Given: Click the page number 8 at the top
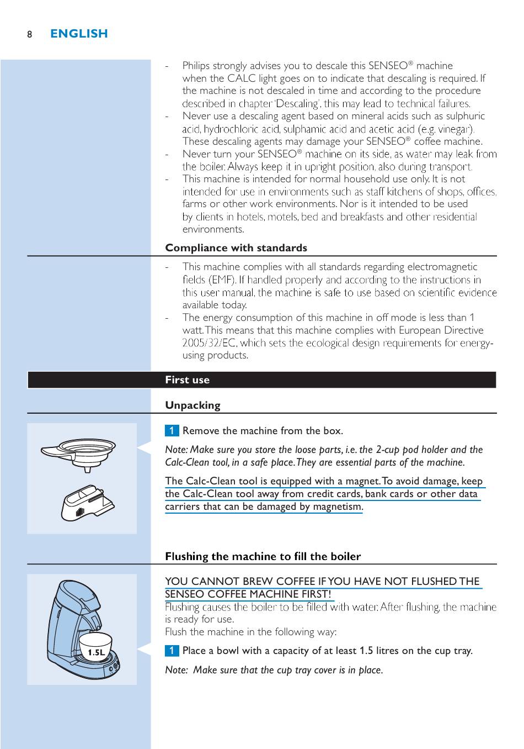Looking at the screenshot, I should [x=30, y=34].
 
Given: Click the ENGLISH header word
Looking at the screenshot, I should [x=79, y=34].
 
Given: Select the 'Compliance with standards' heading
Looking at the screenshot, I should [x=236, y=247].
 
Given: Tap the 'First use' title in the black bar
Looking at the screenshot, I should [x=187, y=379].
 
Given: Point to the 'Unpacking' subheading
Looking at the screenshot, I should [x=193, y=405].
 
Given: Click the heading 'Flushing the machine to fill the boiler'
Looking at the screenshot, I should [x=263, y=556].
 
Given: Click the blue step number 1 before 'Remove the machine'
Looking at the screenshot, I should [x=172, y=430].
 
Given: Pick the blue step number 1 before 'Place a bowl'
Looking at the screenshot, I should [x=172, y=650].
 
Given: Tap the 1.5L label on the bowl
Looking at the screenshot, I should [x=96, y=652].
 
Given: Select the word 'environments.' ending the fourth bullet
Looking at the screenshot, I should [x=213, y=229].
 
